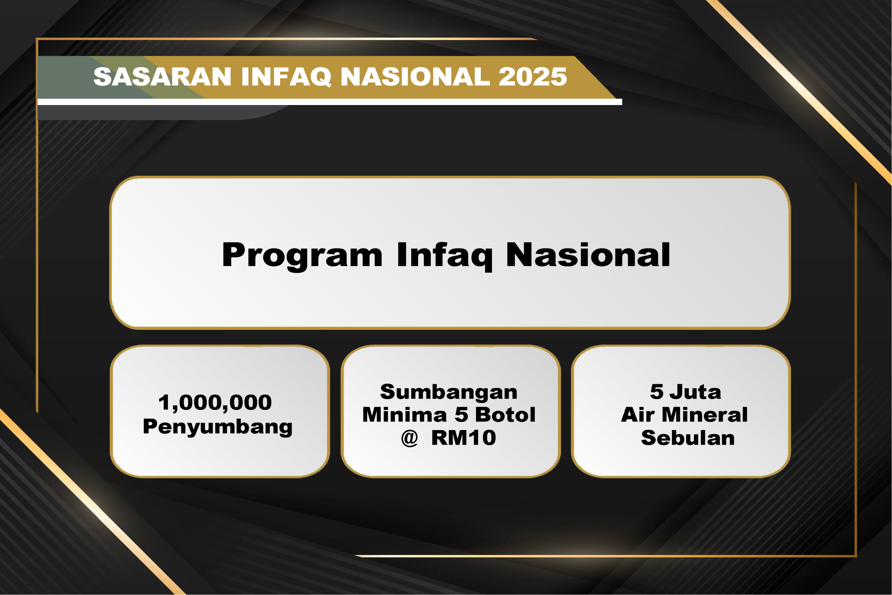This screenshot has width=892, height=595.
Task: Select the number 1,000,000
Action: (215, 403)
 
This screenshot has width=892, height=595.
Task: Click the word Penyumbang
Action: (218, 427)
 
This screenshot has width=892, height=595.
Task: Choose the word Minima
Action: (405, 414)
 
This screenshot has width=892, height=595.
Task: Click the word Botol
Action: (505, 414)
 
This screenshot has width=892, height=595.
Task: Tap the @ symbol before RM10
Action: (409, 438)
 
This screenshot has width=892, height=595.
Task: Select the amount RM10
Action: (463, 437)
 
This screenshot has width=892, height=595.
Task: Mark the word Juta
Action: (695, 391)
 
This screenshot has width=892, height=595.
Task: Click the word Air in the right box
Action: (638, 414)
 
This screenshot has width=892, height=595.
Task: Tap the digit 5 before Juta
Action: (657, 391)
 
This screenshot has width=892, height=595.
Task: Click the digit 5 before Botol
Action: (462, 414)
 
